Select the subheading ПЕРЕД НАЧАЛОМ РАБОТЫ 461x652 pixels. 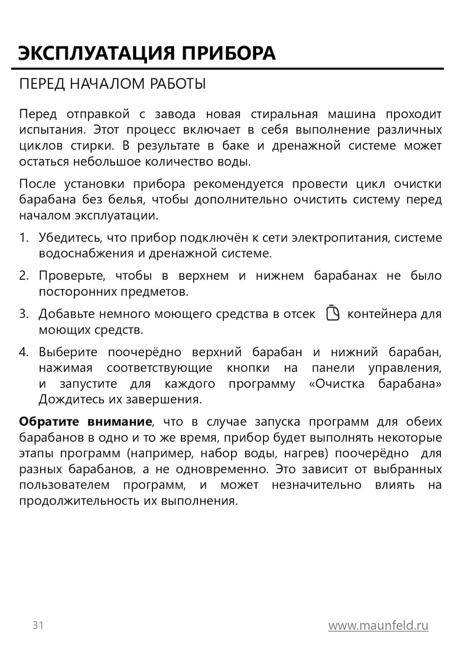[x=112, y=84]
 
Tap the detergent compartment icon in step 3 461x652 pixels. [x=333, y=313]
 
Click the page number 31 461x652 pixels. [x=38, y=625]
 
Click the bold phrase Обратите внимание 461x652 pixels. [x=85, y=422]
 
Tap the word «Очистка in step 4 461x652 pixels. [x=336, y=384]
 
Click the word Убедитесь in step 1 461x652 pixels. [x=69, y=238]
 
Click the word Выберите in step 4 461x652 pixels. [x=68, y=352]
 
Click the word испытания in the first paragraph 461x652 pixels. [x=52, y=130]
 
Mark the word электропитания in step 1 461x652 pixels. [x=340, y=238]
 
